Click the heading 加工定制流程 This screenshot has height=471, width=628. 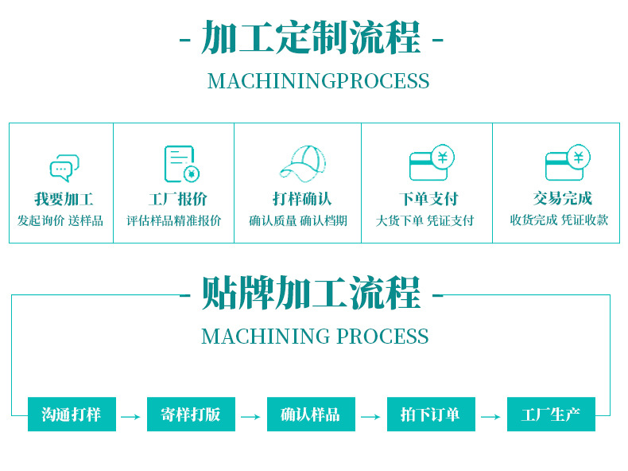pyautogui.click(x=311, y=38)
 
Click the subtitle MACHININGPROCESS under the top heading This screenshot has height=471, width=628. pyautogui.click(x=318, y=81)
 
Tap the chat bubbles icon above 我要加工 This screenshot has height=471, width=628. pyautogui.click(x=64, y=168)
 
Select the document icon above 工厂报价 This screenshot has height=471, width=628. pyautogui.click(x=180, y=164)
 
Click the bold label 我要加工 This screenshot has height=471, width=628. pyautogui.click(x=64, y=199)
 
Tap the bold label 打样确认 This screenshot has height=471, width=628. pyautogui.click(x=301, y=199)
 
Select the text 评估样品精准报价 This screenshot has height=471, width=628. pyautogui.click(x=173, y=220)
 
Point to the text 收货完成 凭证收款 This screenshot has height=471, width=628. pyautogui.click(x=559, y=220)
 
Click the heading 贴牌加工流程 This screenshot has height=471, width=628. pyautogui.click(x=311, y=294)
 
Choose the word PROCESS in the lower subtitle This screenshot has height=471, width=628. pyautogui.click(x=382, y=337)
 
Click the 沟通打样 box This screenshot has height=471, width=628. pyautogui.click(x=72, y=415)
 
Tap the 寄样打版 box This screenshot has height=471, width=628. pyautogui.click(x=191, y=415)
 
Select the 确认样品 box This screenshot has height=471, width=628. pyautogui.click(x=310, y=415)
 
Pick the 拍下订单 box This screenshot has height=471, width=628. pyautogui.click(x=430, y=415)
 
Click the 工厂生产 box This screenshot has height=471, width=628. pyautogui.click(x=551, y=415)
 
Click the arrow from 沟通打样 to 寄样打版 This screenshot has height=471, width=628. pyautogui.click(x=131, y=416)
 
